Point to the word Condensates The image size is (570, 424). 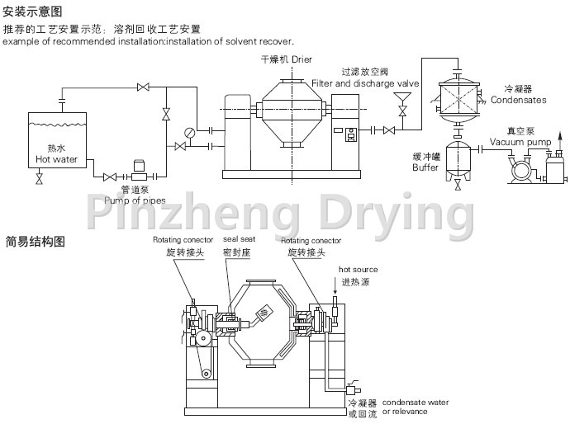[x=518, y=100]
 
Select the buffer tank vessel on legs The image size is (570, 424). [x=459, y=158]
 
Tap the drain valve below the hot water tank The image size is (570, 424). [x=39, y=178]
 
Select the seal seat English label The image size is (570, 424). [x=240, y=240]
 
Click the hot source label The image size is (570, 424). [x=358, y=270]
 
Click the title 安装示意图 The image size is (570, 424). [x=32, y=12]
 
